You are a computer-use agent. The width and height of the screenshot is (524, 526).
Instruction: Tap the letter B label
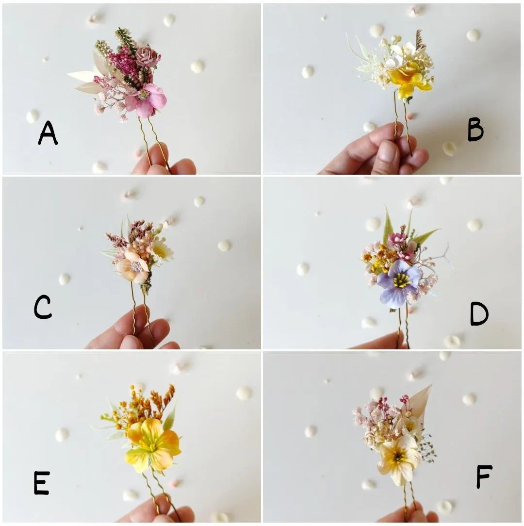[475, 130]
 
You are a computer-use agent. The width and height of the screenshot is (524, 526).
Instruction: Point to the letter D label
[479, 314]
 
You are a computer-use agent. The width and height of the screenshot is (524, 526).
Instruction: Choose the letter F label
[484, 477]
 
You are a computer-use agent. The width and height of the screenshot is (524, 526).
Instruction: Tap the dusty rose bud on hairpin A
[146, 57]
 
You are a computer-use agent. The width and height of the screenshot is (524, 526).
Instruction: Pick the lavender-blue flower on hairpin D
[399, 282]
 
